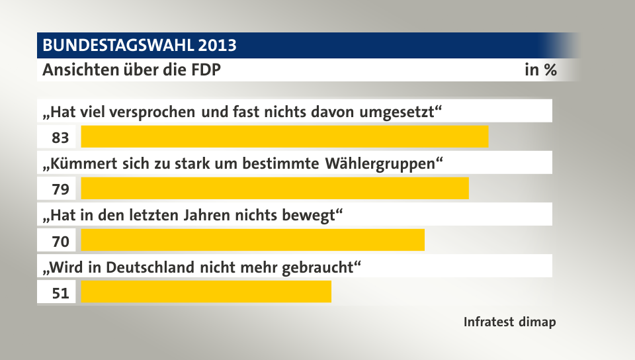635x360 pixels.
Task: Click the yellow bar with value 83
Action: pos(284,136)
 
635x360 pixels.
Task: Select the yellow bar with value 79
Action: pos(275,188)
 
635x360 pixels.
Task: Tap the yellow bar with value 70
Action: pos(253,240)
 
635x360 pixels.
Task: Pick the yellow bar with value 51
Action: pos(206,292)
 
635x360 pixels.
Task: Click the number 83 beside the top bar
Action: pos(61,138)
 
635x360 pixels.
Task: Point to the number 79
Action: pos(61,189)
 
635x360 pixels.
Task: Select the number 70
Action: pos(61,242)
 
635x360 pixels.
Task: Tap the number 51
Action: pos(61,293)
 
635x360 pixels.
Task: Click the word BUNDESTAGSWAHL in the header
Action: pos(117,46)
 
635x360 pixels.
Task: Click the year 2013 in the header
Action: pos(216,46)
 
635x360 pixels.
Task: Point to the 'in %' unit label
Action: pos(540,70)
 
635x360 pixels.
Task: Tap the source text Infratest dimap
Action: pos(509,322)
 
